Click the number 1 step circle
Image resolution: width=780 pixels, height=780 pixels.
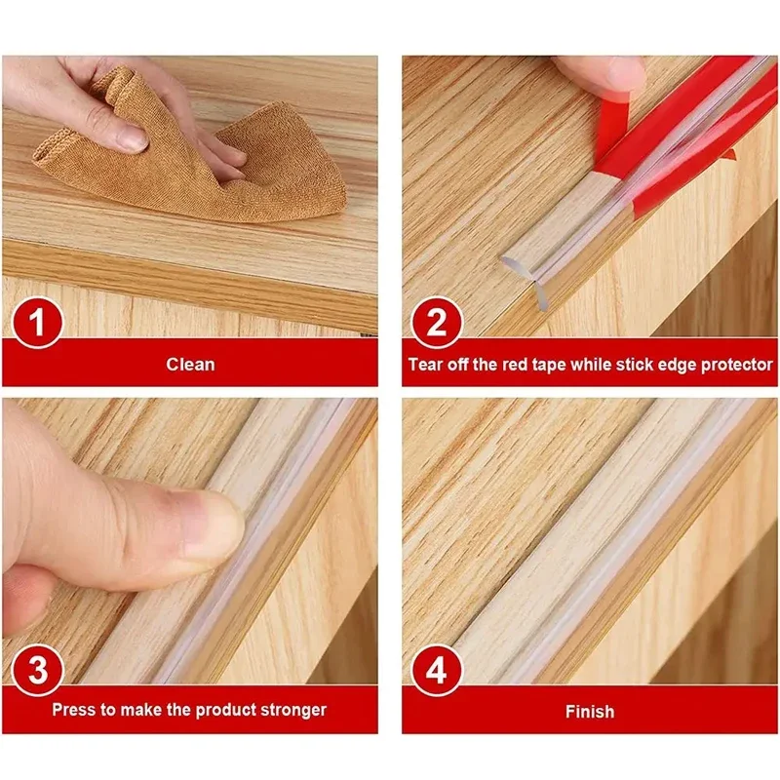pos(37,324)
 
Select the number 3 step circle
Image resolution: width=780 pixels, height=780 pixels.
pos(37,671)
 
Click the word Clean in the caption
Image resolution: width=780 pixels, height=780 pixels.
pos(190,365)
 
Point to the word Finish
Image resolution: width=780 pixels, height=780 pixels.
pos(589,712)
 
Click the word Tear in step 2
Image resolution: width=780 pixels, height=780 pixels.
pos(427,365)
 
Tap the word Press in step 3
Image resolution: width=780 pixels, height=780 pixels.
pos(74,710)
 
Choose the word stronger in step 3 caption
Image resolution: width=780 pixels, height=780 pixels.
pos(290,710)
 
